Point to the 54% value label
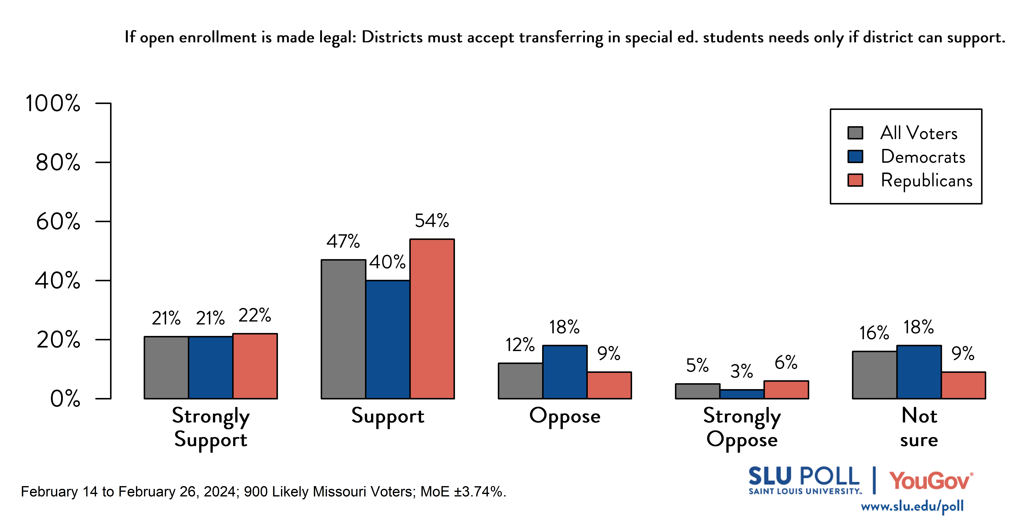coord(432,221)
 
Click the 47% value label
coord(343,241)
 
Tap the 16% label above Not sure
coord(874,333)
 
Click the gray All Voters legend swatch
coord(855,133)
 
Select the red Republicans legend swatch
coord(855,180)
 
